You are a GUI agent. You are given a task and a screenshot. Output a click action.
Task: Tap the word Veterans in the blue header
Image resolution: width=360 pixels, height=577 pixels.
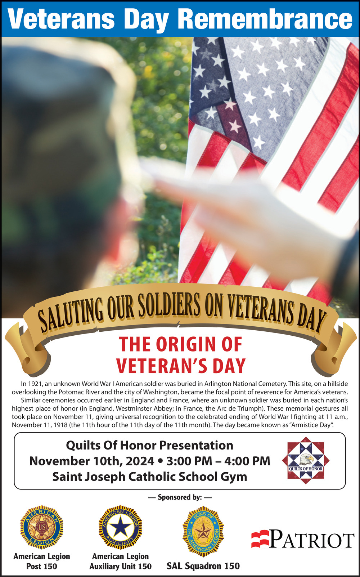61,19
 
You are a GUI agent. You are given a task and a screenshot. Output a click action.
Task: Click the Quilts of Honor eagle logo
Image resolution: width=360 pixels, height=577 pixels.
306,460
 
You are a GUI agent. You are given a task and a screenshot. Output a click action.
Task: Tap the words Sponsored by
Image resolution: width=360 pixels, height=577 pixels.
180,497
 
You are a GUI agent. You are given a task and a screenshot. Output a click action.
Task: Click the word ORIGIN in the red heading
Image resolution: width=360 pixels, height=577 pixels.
186,344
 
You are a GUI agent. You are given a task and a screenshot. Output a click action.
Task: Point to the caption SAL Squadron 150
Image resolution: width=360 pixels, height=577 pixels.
203,566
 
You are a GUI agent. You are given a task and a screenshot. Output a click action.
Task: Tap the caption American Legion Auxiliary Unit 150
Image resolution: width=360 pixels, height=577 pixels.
121,561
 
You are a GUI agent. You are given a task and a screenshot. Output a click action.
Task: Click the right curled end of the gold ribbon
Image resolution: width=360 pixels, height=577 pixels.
334,349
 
